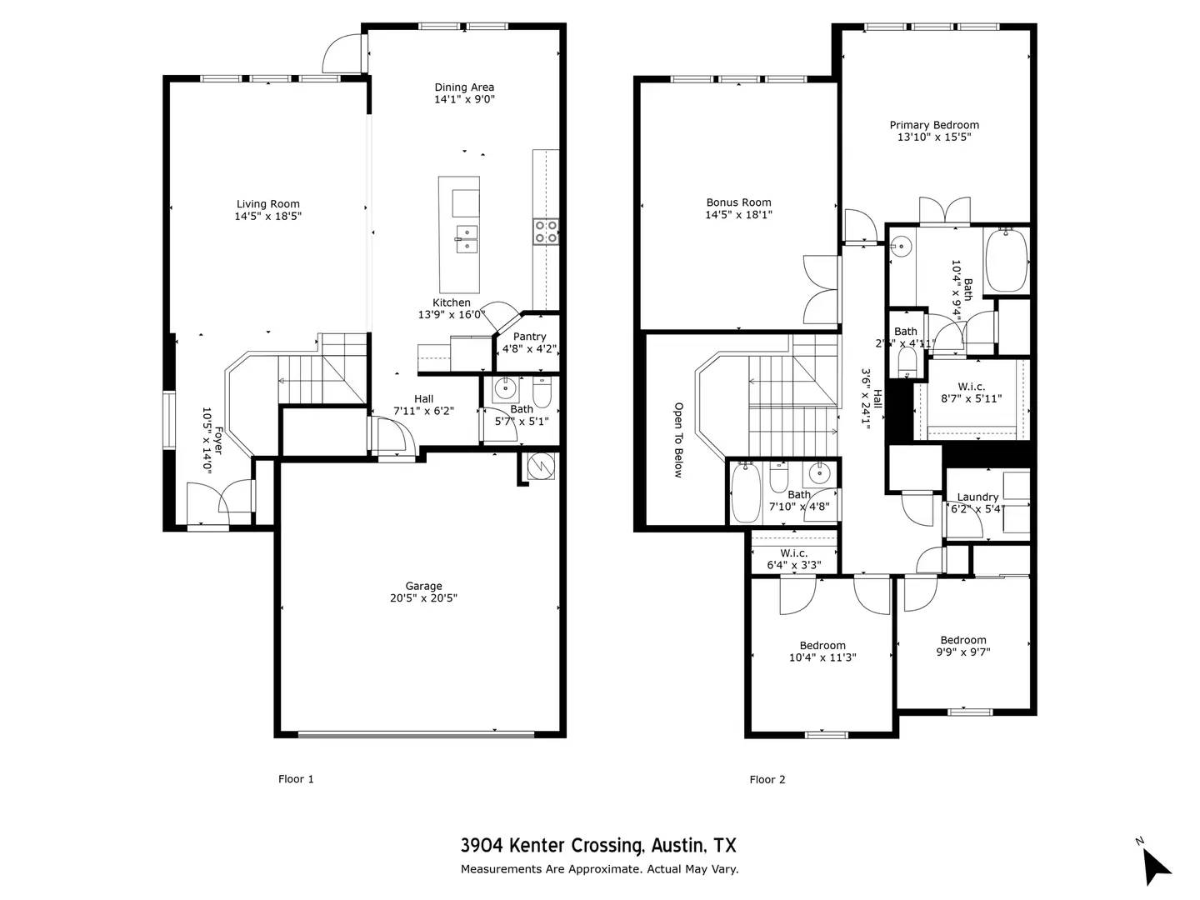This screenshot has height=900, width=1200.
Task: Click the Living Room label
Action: (x=267, y=204)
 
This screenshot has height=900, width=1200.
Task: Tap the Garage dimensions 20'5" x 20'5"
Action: (x=423, y=598)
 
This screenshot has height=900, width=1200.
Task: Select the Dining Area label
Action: (x=464, y=87)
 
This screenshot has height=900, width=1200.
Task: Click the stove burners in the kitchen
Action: (x=545, y=231)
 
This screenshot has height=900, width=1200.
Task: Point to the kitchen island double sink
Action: (x=466, y=238)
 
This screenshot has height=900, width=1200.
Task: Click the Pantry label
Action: (x=529, y=337)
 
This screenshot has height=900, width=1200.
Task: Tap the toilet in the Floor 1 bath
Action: (x=542, y=391)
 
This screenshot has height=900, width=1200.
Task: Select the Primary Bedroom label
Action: (x=933, y=126)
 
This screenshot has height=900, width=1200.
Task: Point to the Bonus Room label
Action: (x=738, y=202)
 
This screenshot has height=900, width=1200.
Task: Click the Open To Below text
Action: (x=678, y=440)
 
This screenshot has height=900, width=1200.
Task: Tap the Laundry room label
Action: (x=977, y=497)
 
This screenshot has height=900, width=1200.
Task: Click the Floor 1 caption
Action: (x=296, y=780)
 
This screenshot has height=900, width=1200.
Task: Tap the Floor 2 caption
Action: (x=767, y=780)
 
